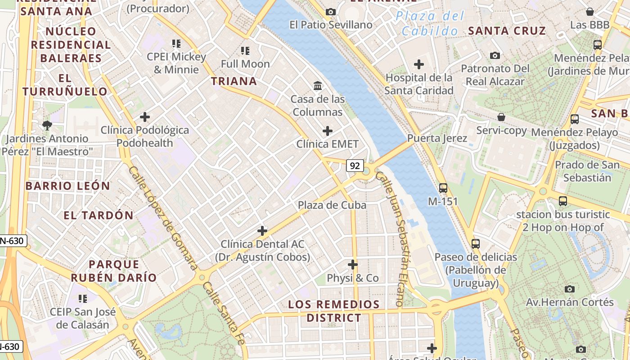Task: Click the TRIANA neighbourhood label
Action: click(234, 81)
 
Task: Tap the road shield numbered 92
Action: click(355, 166)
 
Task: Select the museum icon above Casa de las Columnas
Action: click(318, 85)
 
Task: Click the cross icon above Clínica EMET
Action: click(328, 131)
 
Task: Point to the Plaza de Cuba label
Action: click(332, 205)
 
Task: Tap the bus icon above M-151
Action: click(443, 188)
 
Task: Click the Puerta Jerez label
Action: click(437, 138)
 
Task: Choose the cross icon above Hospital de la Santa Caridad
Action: click(419, 64)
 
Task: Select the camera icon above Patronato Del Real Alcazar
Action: click(495, 55)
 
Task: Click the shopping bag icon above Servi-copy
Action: click(501, 117)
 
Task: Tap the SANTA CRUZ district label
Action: click(507, 31)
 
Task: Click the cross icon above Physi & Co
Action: click(353, 265)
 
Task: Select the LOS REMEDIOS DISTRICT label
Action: click(334, 311)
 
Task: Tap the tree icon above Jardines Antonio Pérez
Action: click(47, 125)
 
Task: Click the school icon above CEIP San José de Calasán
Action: click(82, 298)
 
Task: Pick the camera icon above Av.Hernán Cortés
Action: click(570, 289)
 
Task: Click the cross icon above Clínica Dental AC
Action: click(262, 231)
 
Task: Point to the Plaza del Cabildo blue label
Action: click(430, 24)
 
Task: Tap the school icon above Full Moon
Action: click(245, 50)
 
